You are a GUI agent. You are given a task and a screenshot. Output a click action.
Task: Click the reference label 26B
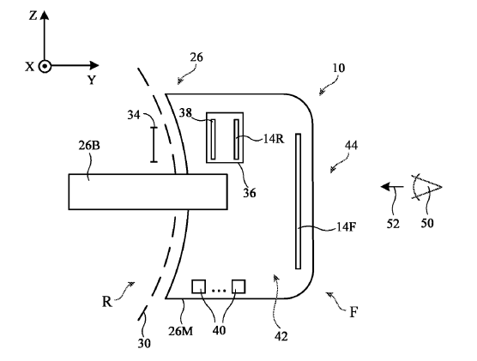coord(89,146)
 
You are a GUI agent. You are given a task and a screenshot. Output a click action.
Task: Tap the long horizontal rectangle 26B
coord(148,191)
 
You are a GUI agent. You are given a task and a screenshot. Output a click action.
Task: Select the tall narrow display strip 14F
coord(299,201)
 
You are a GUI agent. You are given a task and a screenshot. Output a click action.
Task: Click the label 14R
coord(274,139)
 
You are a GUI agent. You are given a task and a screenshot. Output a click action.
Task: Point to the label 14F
coord(347,226)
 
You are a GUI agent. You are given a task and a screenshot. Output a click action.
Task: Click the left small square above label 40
coord(199,286)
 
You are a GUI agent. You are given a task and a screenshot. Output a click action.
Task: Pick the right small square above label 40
coord(238,286)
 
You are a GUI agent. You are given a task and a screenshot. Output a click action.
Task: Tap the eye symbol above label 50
coord(426,187)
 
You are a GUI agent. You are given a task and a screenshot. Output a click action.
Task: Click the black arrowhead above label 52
coord(386,187)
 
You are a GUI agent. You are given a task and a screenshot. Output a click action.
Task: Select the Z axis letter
coord(33,15)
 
